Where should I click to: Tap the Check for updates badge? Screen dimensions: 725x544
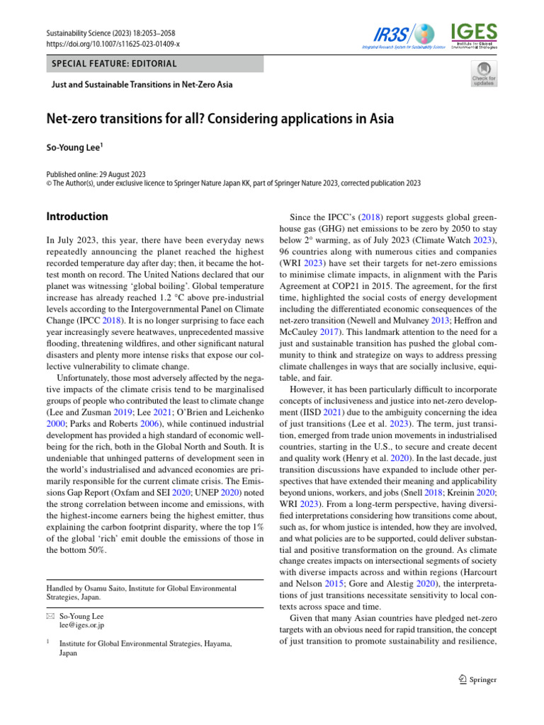(x=484, y=74)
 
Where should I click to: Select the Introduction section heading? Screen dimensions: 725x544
(x=77, y=217)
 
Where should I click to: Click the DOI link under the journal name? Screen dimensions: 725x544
(x=113, y=44)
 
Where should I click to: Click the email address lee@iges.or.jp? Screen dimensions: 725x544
(x=82, y=625)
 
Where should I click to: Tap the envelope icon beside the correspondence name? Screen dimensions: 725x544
(x=50, y=615)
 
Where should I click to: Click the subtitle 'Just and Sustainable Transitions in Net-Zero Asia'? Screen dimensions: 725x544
(x=142, y=85)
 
